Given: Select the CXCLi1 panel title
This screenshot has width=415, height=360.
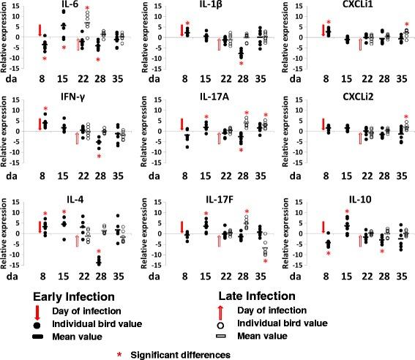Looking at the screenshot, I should tap(345, 6).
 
